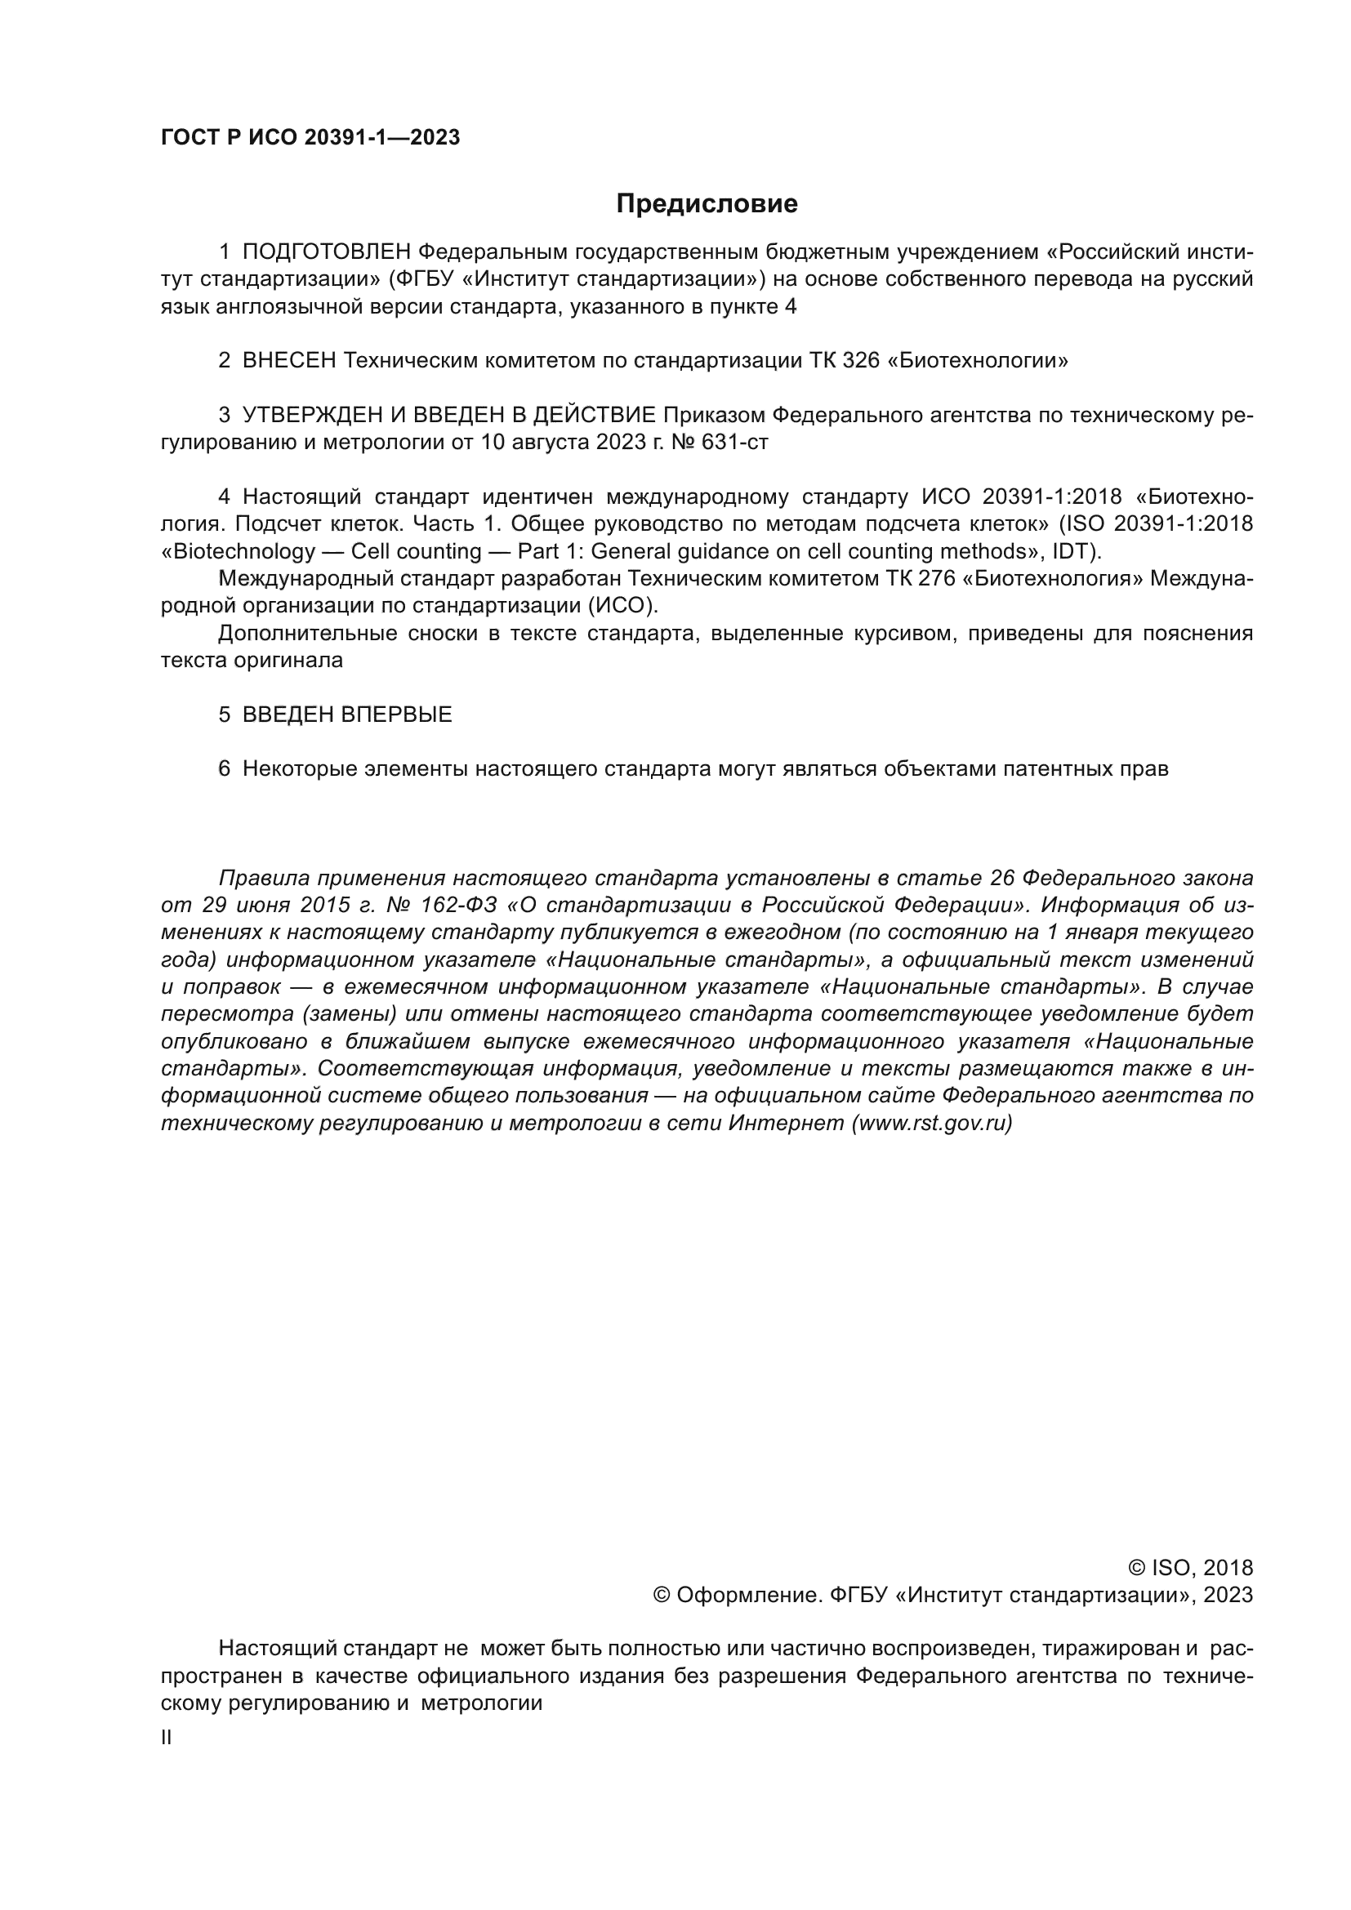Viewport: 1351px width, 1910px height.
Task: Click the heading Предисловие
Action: click(707, 204)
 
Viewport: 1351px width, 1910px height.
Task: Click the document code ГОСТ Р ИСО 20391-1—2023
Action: click(310, 138)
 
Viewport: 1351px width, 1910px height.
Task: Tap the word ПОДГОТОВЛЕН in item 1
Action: click(326, 252)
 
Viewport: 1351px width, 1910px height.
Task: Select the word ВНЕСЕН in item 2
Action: click(289, 361)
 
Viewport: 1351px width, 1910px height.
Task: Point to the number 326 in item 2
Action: click(860, 361)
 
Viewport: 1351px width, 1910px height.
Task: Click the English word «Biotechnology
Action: click(238, 552)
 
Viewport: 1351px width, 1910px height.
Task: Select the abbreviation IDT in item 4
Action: click(1072, 552)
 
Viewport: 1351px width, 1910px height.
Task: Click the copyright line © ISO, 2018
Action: click(1189, 1568)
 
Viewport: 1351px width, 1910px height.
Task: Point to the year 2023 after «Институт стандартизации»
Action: click(1227, 1595)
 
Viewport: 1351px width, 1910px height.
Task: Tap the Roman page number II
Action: click(166, 1738)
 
